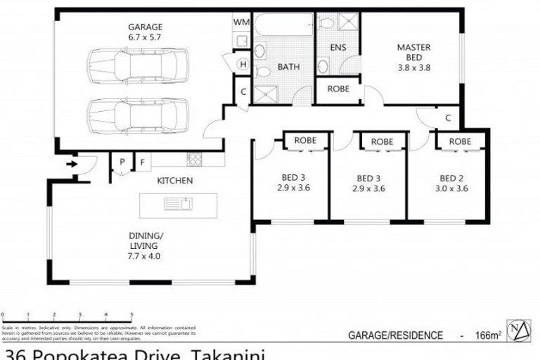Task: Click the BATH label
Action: coord(288,67)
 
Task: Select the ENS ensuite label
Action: coord(338,49)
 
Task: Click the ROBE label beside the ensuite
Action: coord(338,90)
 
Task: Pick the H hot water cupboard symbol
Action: coord(243,65)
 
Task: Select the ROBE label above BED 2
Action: coord(460,141)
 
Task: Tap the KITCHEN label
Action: coord(174,181)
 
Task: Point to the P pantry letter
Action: coord(122,162)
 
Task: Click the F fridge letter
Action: coord(142,162)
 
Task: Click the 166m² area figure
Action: coord(488,335)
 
